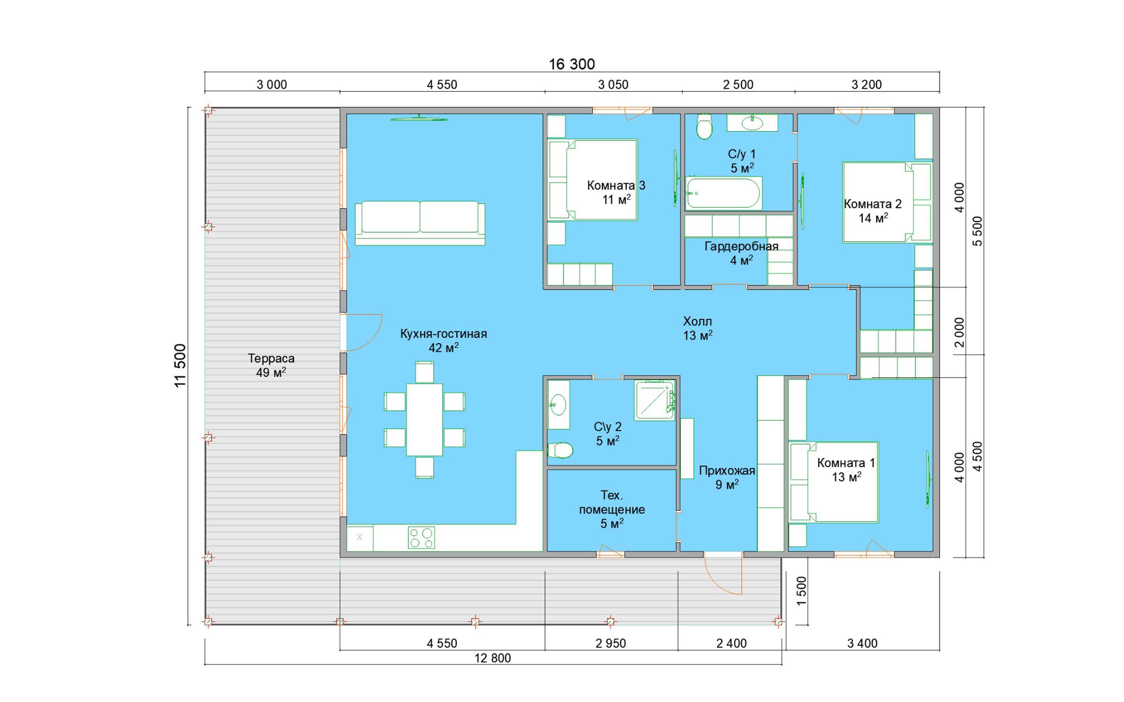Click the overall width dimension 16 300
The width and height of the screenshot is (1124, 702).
coord(572,64)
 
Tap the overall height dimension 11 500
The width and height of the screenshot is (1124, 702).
coord(180,365)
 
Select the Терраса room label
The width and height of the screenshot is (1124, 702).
coord(271,358)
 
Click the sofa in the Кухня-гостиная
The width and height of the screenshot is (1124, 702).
coord(420,223)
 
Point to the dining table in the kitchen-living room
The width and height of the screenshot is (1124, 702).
coord(425,420)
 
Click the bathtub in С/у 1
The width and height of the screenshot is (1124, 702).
coord(723,193)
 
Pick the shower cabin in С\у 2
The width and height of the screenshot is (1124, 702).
coord(655,400)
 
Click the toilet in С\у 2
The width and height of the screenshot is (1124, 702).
coord(560,450)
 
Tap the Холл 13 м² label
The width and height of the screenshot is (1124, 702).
coord(698,328)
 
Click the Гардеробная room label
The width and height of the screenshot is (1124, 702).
coord(741,246)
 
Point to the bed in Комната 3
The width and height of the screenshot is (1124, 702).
coord(593,180)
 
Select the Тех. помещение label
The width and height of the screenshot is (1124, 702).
coord(612,502)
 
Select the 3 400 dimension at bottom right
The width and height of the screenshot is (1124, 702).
coord(863,643)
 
